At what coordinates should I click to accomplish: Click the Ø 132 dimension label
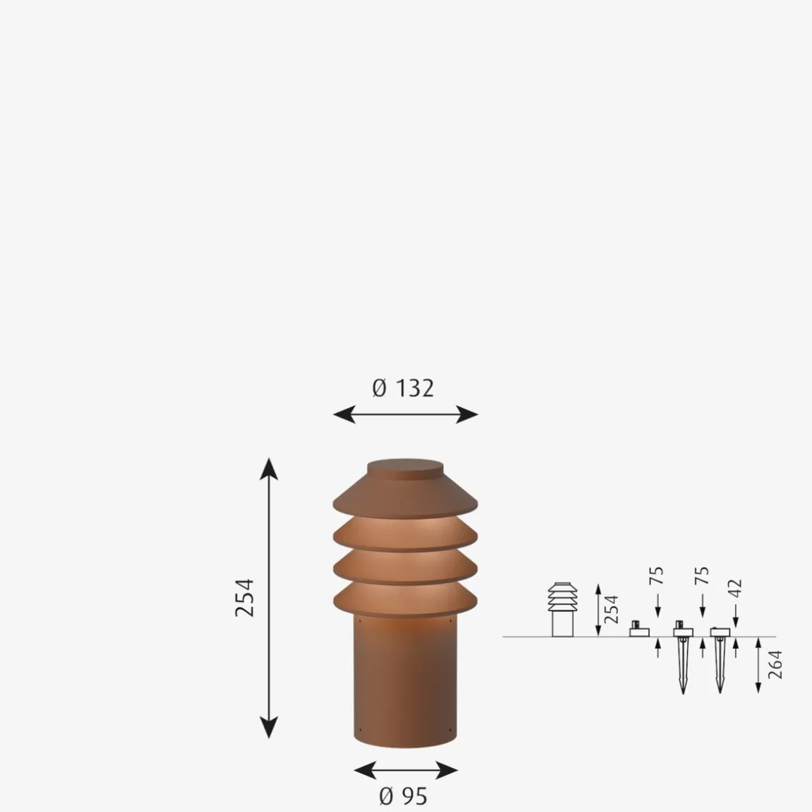coord(403,388)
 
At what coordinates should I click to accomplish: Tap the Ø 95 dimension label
coord(403,795)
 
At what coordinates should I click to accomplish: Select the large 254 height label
coord(244,598)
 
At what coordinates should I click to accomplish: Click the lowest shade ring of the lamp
coord(405,599)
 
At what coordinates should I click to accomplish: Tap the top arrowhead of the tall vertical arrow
coord(269,468)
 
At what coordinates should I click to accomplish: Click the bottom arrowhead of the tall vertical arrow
coord(269,727)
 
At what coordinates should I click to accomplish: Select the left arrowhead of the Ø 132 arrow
coord(344,414)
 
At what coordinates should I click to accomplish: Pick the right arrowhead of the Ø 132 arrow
coord(467,414)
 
